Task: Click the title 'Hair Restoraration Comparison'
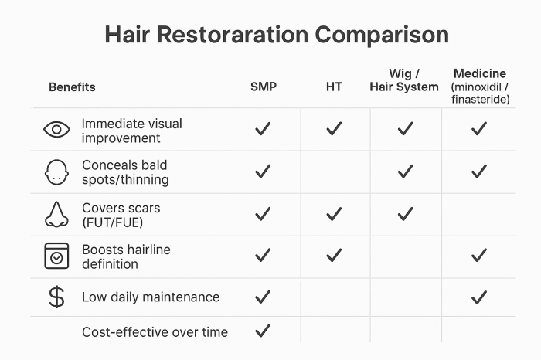pyautogui.click(x=276, y=36)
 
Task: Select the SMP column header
pyautogui.click(x=263, y=87)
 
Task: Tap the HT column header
pyautogui.click(x=334, y=87)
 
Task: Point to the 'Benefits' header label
pyautogui.click(x=72, y=87)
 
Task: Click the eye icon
pyautogui.click(x=56, y=130)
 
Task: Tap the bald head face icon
pyautogui.click(x=56, y=172)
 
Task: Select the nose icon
pyautogui.click(x=56, y=214)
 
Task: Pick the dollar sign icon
pyautogui.click(x=56, y=297)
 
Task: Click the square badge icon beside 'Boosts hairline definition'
pyautogui.click(x=56, y=256)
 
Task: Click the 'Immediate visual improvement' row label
pyautogui.click(x=131, y=131)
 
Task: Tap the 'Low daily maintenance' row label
pyautogui.click(x=151, y=297)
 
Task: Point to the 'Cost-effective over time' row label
pyautogui.click(x=155, y=332)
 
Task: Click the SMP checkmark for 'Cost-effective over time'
pyautogui.click(x=263, y=331)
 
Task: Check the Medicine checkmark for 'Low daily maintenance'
pyautogui.click(x=479, y=297)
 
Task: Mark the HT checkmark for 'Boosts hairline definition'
pyautogui.click(x=334, y=255)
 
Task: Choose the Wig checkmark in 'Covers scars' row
pyautogui.click(x=406, y=213)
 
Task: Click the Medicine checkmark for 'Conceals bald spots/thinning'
pyautogui.click(x=479, y=172)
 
